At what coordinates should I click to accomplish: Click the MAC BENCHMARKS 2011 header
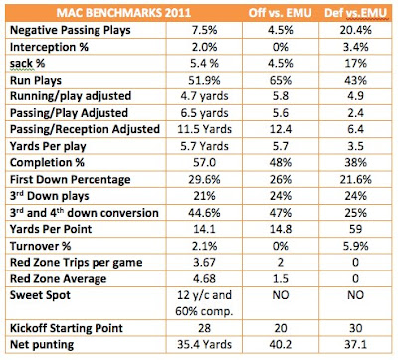click(123, 13)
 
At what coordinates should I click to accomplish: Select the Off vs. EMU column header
click(281, 13)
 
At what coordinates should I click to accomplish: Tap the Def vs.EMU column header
click(355, 13)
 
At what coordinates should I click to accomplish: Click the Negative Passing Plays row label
click(71, 30)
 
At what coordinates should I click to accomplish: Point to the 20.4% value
click(355, 30)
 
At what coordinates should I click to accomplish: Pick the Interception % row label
click(49, 47)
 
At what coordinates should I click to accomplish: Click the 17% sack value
click(355, 64)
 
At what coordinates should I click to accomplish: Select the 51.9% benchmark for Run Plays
click(204, 80)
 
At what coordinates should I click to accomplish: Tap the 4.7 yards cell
click(204, 96)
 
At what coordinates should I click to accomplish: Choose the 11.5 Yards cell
click(204, 129)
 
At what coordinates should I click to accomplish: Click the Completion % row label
click(47, 163)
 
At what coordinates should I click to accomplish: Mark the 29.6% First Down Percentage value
click(204, 179)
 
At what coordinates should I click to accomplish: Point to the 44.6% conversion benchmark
click(204, 213)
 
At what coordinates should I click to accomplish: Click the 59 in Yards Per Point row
click(355, 229)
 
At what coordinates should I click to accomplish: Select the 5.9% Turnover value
click(355, 246)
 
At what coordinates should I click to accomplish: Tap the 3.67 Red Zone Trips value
click(204, 263)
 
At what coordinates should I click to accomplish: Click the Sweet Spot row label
click(40, 295)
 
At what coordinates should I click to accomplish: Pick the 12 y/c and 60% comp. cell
click(204, 303)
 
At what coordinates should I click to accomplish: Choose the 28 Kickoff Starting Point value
click(204, 328)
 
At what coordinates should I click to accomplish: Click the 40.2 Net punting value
click(281, 345)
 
